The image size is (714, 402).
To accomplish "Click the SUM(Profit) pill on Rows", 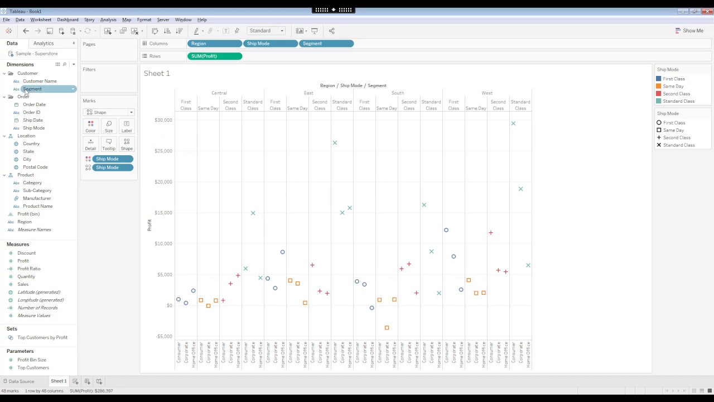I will [x=214, y=56].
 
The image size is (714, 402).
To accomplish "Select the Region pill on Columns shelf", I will [x=214, y=44].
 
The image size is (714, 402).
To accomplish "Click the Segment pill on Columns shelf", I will [x=326, y=44].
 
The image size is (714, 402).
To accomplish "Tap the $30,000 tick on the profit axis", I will [x=163, y=120].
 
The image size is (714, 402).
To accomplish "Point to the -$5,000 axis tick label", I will [x=163, y=336].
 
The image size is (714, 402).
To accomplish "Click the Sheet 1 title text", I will [x=157, y=73].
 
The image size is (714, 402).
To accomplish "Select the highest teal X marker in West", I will [x=513, y=123].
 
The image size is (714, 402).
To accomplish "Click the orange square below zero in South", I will [x=387, y=328].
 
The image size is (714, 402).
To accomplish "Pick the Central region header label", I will [x=219, y=93].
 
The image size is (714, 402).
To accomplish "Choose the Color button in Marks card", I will [x=90, y=126].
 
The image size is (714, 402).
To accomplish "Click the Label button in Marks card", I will [x=127, y=126].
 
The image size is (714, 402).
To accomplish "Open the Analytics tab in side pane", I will [x=44, y=43].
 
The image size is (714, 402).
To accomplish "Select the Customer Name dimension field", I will [x=40, y=81].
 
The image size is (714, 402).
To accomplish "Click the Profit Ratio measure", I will [x=28, y=269].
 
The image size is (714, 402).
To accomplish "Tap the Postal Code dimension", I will [x=35, y=167].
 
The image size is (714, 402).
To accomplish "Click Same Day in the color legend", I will [x=673, y=87].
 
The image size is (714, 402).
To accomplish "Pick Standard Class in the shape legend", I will [x=678, y=145].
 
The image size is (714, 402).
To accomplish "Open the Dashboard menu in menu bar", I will [x=67, y=20].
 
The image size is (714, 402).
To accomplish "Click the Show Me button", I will [x=689, y=31].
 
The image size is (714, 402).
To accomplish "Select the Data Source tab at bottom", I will [x=21, y=381].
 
